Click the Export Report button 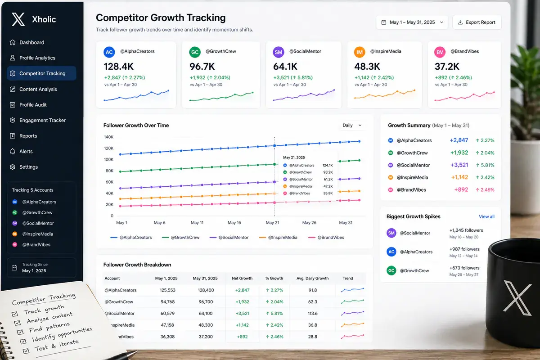pyautogui.click(x=477, y=22)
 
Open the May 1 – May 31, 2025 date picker pyautogui.click(x=412, y=22)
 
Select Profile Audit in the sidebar pyautogui.click(x=33, y=105)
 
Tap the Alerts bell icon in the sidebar pyautogui.click(x=13, y=152)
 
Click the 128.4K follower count pyautogui.click(x=119, y=67)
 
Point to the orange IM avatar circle pyautogui.click(x=360, y=52)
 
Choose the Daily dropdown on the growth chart pyautogui.click(x=352, y=126)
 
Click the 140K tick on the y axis pyautogui.click(x=108, y=137)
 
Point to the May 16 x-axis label pyautogui.click(x=234, y=223)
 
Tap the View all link pyautogui.click(x=486, y=216)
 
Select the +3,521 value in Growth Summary pyautogui.click(x=459, y=165)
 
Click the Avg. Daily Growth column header pyautogui.click(x=312, y=278)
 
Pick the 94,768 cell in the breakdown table pyautogui.click(x=167, y=302)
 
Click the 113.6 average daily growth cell pyautogui.click(x=313, y=314)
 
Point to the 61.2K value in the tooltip pyautogui.click(x=328, y=180)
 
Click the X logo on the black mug pyautogui.click(x=518, y=298)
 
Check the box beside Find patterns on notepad pyautogui.click(x=20, y=332)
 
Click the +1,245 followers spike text pyautogui.click(x=466, y=230)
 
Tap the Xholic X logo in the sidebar pyautogui.click(x=18, y=19)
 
